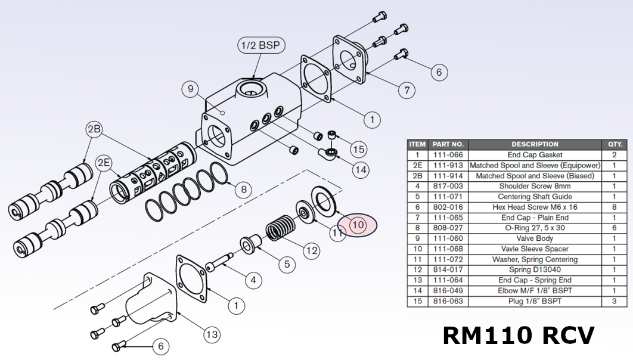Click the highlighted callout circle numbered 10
coord(358,225)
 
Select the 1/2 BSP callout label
coord(260,46)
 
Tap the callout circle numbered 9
coord(190,90)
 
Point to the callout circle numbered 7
coord(407,91)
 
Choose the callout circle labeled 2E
coord(104,162)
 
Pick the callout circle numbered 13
coord(212,335)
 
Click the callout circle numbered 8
coord(243,190)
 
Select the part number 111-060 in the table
coord(448,238)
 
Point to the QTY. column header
coord(614,144)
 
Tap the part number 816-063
coord(448,302)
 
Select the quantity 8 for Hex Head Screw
coord(614,207)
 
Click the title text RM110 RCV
coord(518,336)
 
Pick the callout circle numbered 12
coord(312,250)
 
